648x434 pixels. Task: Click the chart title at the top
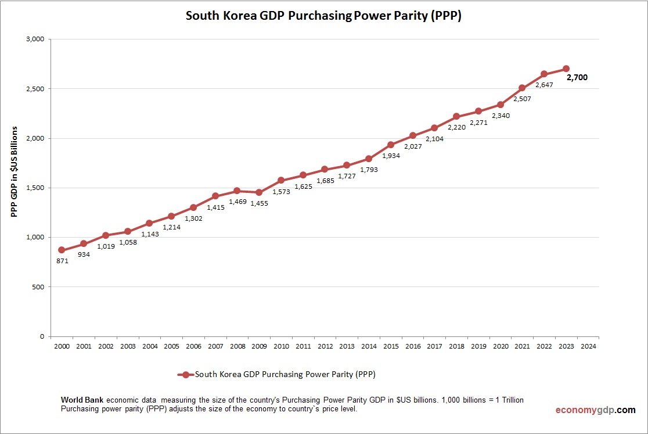tap(323, 16)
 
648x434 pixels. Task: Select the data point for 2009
tap(259, 192)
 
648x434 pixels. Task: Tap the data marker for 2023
tap(566, 69)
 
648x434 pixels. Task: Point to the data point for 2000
tap(62, 250)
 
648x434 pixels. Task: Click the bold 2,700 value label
tap(577, 77)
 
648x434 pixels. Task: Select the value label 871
tap(63, 261)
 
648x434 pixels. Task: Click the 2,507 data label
tap(521, 99)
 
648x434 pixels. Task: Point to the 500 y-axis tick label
tap(39, 287)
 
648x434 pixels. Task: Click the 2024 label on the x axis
tap(588, 346)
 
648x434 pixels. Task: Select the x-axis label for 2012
tap(325, 346)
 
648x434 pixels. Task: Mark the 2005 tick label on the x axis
tap(171, 346)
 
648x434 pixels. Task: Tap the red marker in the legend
tap(185, 375)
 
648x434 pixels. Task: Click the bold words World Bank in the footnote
tap(82, 400)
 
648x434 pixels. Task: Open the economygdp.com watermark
tap(595, 410)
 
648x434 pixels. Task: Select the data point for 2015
tap(391, 145)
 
